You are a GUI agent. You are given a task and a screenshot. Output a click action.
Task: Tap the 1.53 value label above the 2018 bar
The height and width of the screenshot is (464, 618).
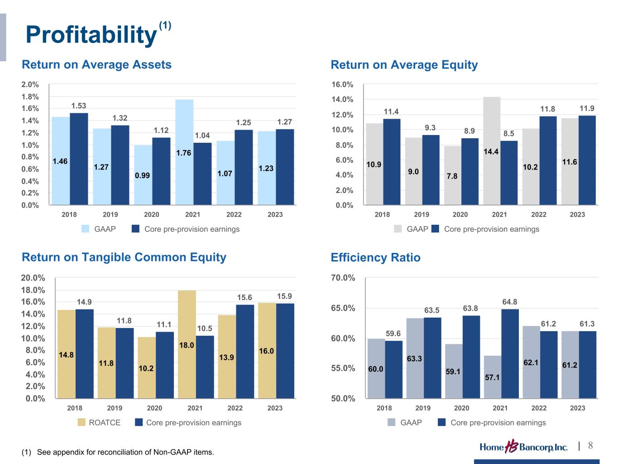pyautogui.click(x=79, y=106)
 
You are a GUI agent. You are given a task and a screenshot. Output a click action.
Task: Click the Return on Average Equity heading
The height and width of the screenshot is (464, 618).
pyautogui.click(x=404, y=65)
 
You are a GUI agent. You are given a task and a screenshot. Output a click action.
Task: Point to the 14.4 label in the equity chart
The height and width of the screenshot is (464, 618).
pyautogui.click(x=491, y=152)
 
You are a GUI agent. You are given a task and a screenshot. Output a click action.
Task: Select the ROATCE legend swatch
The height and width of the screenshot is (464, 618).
pyautogui.click(x=81, y=422)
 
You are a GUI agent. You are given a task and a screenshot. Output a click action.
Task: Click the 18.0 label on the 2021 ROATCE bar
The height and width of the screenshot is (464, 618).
pyautogui.click(x=187, y=345)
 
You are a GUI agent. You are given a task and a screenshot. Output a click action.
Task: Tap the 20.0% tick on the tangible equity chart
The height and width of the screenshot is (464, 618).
pyautogui.click(x=33, y=278)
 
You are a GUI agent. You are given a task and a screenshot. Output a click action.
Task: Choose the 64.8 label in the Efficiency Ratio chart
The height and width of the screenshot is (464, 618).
pyautogui.click(x=510, y=301)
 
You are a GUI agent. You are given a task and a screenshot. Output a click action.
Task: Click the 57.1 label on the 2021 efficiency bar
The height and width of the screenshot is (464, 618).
pyautogui.click(x=492, y=377)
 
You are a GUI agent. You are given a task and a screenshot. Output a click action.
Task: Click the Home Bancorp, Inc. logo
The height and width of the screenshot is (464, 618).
pyautogui.click(x=523, y=447)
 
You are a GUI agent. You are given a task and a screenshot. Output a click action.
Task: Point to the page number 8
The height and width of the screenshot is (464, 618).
pyautogui.click(x=590, y=445)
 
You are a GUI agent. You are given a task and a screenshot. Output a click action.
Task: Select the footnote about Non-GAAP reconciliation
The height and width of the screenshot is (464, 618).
pyautogui.click(x=118, y=452)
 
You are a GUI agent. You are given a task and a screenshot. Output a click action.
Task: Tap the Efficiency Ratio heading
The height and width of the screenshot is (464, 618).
pyautogui.click(x=375, y=258)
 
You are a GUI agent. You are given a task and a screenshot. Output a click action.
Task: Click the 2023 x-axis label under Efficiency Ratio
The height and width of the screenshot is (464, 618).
pyautogui.click(x=577, y=408)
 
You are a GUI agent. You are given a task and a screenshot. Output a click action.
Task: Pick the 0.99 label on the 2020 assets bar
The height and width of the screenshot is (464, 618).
pyautogui.click(x=143, y=175)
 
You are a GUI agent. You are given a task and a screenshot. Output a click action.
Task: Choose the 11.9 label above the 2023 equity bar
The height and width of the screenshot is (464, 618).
pyautogui.click(x=587, y=108)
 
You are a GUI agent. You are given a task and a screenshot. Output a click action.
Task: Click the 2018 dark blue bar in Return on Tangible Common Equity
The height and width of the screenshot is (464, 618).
pyautogui.click(x=85, y=353)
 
